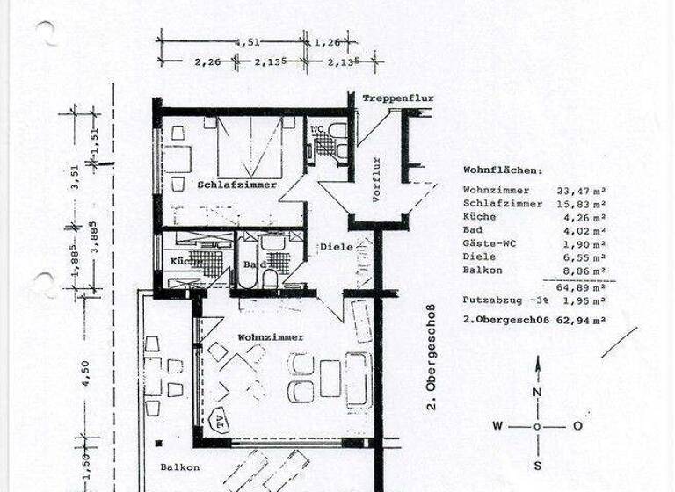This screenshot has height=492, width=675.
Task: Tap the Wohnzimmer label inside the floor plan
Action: coord(271,337)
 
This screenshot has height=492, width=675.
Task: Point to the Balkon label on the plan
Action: coord(179,468)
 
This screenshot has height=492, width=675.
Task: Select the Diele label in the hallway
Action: coord(335,247)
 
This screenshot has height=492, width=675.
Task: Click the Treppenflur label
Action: coord(398,98)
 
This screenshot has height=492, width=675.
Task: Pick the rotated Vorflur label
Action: coord(376,180)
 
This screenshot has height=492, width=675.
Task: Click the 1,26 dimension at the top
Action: coord(326,40)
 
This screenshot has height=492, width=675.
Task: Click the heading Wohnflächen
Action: coord(503,171)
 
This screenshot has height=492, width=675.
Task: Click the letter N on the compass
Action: coord(538,393)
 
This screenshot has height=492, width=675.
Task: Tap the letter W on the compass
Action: coord(497,426)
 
